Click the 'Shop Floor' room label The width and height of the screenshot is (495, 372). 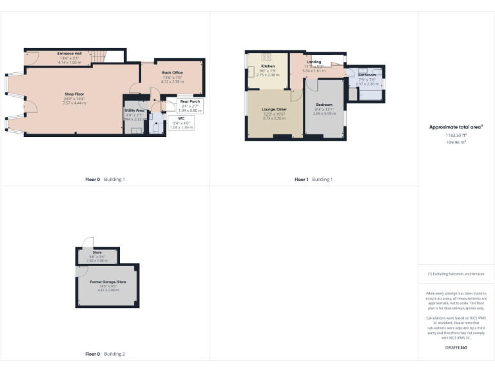point(74,94)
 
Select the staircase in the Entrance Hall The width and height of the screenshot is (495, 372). point(97,57)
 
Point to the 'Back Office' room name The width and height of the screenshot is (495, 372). point(172,73)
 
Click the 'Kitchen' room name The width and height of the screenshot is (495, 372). point(268,67)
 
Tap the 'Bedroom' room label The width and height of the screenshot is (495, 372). point(324,105)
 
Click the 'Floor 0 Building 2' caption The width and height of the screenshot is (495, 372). point(105,354)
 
